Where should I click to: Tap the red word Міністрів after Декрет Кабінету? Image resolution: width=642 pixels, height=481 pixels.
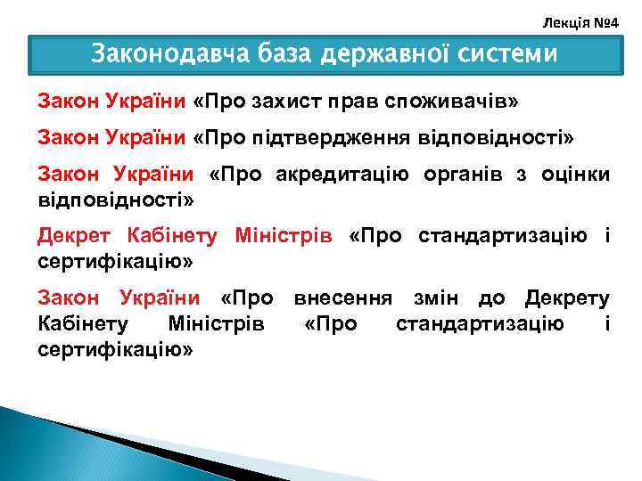(x=283, y=236)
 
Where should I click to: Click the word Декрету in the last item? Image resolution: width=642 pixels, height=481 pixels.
(x=567, y=298)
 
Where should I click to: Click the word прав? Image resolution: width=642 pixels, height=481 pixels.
(x=352, y=102)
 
